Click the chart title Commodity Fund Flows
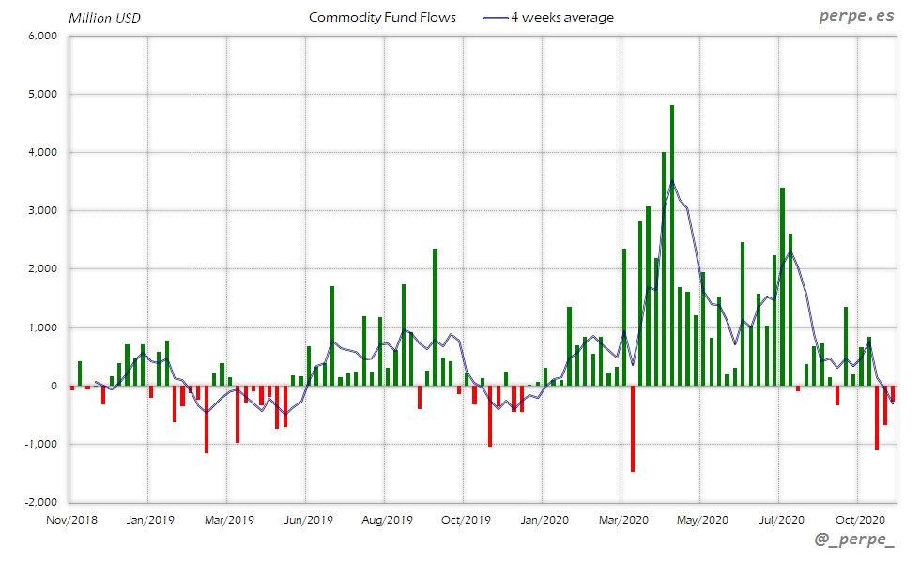click(x=382, y=17)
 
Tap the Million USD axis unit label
click(x=105, y=18)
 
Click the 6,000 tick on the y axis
click(x=43, y=36)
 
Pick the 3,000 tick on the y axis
click(x=43, y=211)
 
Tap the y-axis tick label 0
click(x=54, y=386)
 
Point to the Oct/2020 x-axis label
click(x=859, y=519)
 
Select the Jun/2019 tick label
click(x=307, y=519)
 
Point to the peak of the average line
click(x=672, y=181)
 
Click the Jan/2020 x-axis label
click(x=544, y=519)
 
